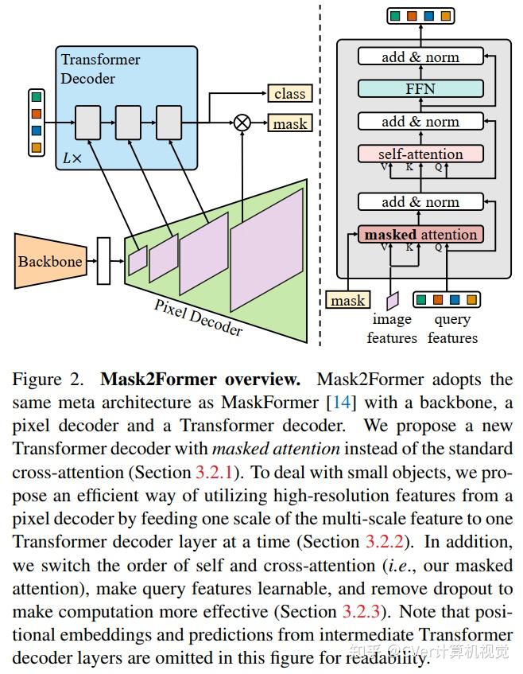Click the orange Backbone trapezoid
click(x=51, y=261)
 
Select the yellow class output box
click(x=290, y=93)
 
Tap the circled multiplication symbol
click(x=242, y=123)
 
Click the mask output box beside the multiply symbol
click(x=290, y=123)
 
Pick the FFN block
click(x=420, y=88)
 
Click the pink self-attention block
click(x=420, y=154)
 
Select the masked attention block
click(x=420, y=235)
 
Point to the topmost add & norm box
click(x=420, y=56)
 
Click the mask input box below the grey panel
click(x=348, y=300)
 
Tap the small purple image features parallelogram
click(x=393, y=301)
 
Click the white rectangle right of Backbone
click(x=103, y=261)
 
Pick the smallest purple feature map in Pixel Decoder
click(x=138, y=259)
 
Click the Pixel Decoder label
click(x=198, y=318)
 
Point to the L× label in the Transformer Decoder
click(x=72, y=158)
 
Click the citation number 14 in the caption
click(x=341, y=403)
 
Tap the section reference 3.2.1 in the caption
click(x=214, y=472)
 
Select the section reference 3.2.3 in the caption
click(x=361, y=611)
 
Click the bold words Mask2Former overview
click(x=200, y=379)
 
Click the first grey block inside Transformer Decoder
click(x=88, y=123)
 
